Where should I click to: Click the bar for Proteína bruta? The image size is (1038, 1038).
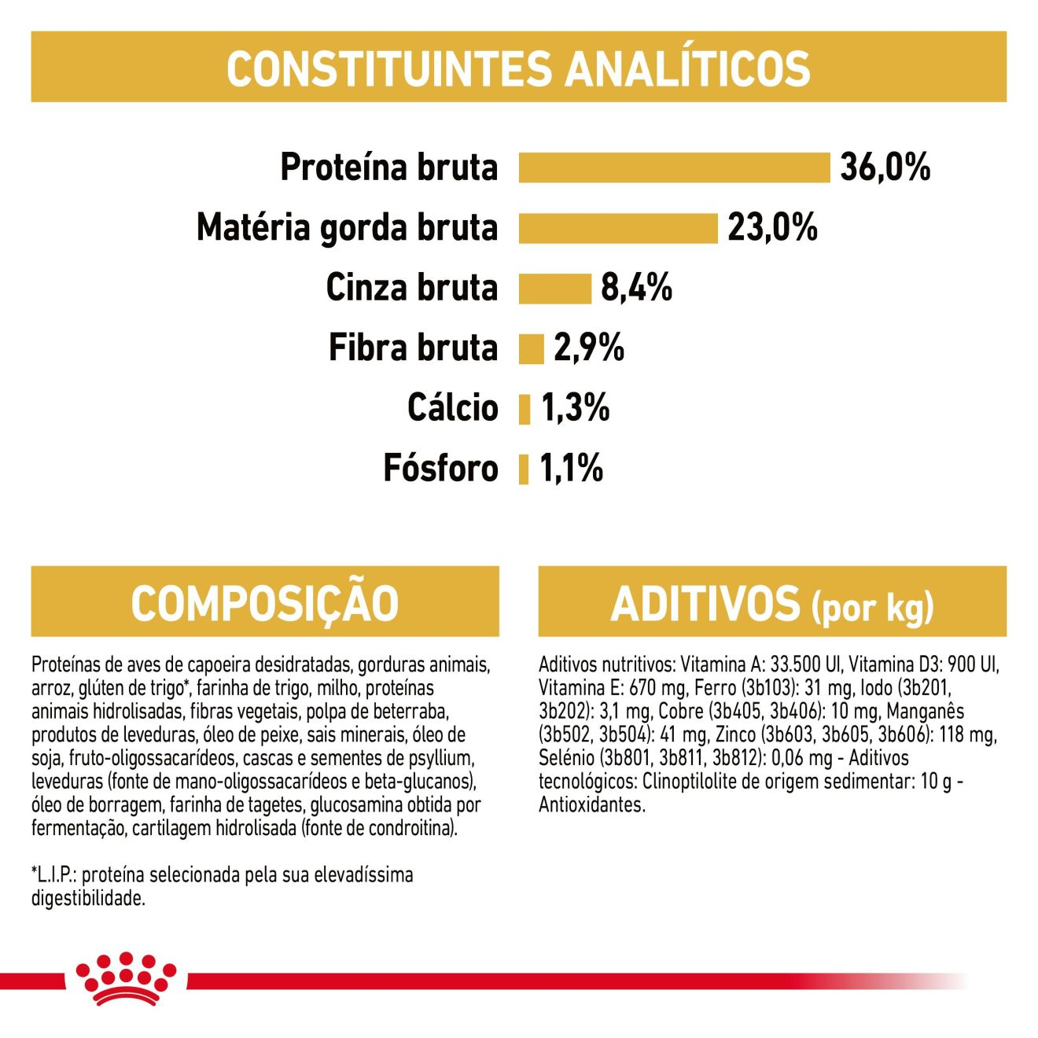pos(674,167)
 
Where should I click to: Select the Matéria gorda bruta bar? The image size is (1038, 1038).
pos(618,228)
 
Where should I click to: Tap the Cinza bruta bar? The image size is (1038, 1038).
pos(555,289)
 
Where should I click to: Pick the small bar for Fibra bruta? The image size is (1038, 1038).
pos(531,349)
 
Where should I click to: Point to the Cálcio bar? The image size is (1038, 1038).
pos(525,410)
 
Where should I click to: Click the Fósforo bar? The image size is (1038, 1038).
pos(523,469)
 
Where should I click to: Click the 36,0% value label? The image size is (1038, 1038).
pos(885,167)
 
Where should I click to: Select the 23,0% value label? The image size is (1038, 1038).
pos(772,228)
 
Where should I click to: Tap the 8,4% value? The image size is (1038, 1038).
pos(637,288)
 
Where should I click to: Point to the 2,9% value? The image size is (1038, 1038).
pos(589,348)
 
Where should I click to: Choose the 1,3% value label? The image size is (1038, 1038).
pos(575,409)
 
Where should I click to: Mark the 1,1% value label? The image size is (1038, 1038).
pos(570,469)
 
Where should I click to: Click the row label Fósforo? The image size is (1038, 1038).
pos(440,469)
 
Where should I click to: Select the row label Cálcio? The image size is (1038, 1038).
pos(452,408)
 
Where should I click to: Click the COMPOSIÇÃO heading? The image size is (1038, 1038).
pos(264,603)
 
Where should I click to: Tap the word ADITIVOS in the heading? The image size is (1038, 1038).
pos(705,604)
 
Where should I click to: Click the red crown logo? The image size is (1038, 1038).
pos(126,986)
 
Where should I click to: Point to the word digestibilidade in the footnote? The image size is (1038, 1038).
pos(88,899)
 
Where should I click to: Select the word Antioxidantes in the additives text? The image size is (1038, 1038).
pos(591,820)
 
